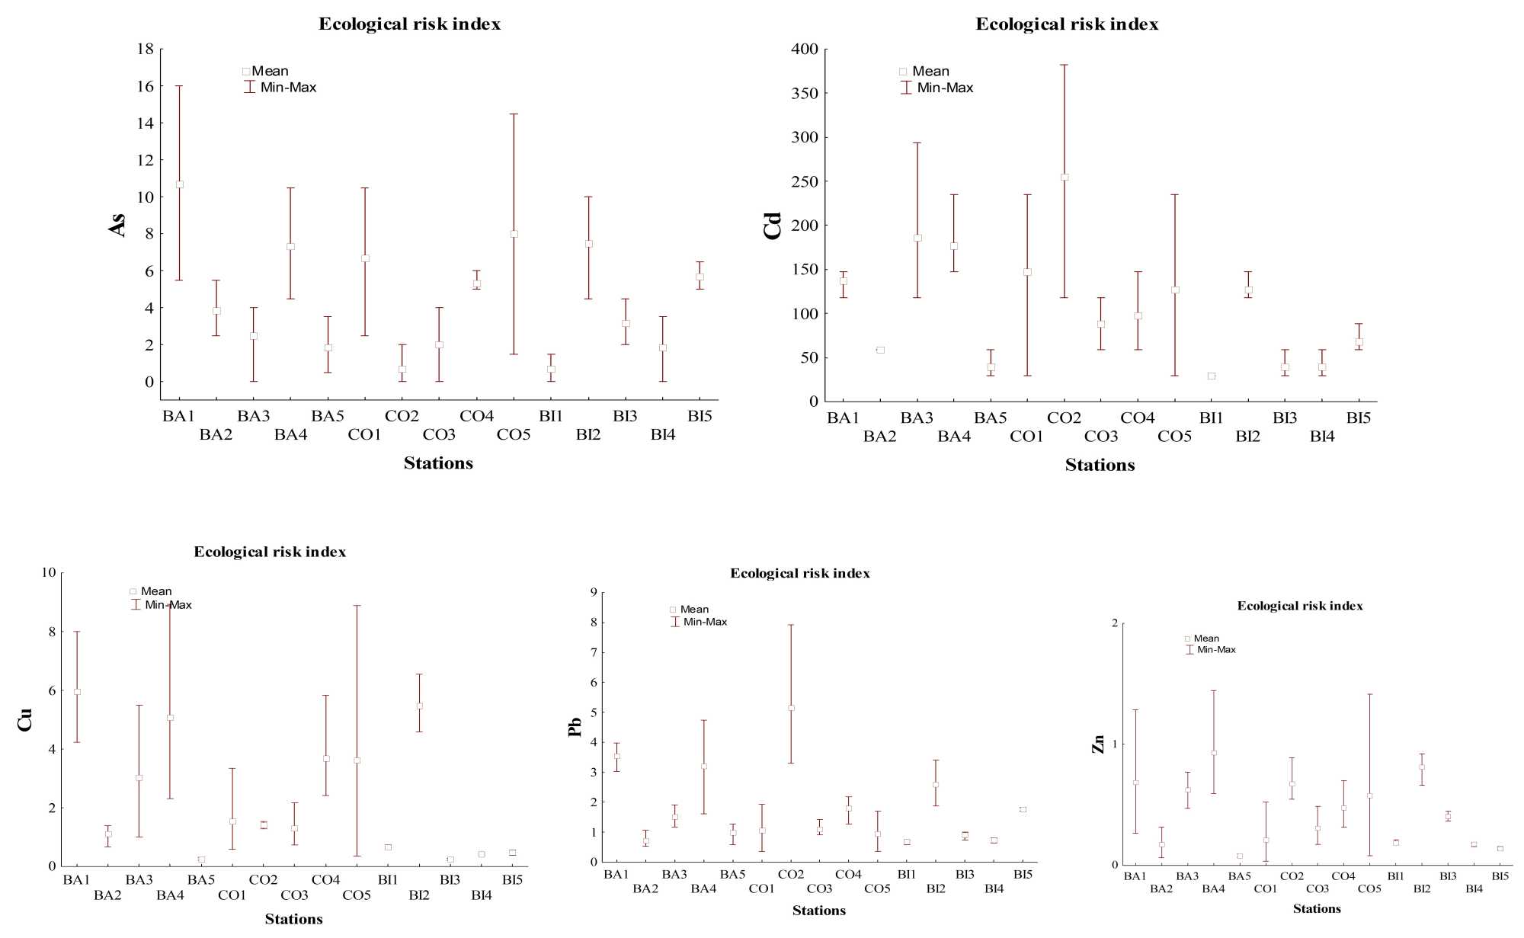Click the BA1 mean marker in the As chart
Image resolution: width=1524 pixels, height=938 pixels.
[x=180, y=184]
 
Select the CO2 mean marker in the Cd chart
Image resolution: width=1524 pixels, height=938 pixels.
[x=1065, y=177]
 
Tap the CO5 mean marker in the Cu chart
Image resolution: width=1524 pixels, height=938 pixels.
[x=357, y=760]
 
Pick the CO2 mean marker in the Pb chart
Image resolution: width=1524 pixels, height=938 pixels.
[x=791, y=708]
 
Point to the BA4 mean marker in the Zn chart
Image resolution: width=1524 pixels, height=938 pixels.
[x=1214, y=753]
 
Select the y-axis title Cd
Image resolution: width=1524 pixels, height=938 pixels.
[x=773, y=226]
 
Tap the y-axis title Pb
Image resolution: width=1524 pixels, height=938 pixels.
[x=575, y=727]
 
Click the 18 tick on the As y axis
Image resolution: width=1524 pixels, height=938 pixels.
[x=145, y=50]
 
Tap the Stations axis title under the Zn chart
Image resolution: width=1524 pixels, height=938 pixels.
[x=1317, y=908]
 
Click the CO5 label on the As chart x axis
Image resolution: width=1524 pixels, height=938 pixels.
[x=514, y=435]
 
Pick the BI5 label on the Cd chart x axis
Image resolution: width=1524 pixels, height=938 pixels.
[x=1359, y=418]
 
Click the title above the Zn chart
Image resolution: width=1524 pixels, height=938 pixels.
[x=1300, y=606]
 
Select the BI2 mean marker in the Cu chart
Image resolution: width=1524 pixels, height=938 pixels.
[x=419, y=706]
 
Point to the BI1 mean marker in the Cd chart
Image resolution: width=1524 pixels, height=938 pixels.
[x=1212, y=376]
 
